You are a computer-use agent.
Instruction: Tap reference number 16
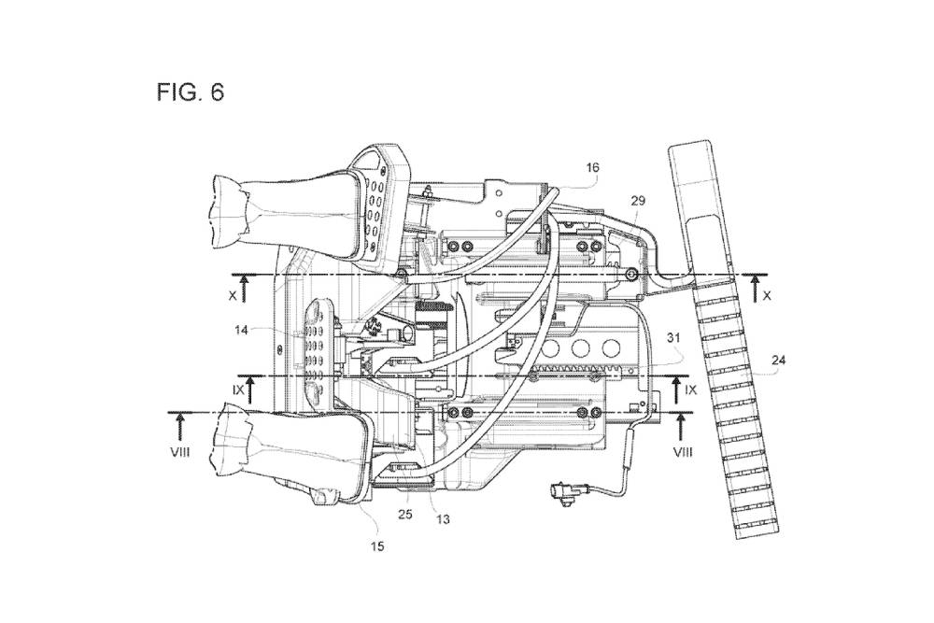click(x=592, y=168)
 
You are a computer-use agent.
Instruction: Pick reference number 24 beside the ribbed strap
click(x=777, y=358)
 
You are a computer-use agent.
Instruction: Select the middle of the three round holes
click(x=585, y=347)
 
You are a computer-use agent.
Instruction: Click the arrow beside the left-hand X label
click(x=244, y=287)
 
